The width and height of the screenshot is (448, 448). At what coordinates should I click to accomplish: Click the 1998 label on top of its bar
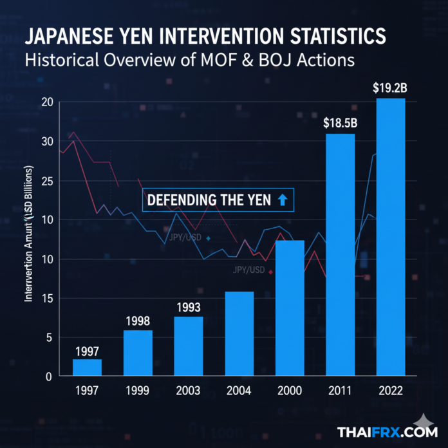click(138, 321)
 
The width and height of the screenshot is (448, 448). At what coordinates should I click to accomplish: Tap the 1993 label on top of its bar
click(189, 307)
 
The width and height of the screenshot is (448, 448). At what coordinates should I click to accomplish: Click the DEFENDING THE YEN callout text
click(209, 200)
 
